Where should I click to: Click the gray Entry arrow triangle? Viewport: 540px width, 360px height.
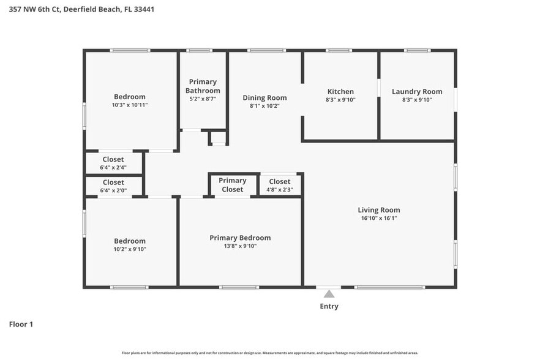(x=329, y=294)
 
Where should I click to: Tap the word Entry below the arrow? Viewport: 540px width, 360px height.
(x=329, y=306)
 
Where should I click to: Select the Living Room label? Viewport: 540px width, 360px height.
(x=379, y=210)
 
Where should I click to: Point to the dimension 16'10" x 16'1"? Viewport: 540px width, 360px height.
(x=379, y=218)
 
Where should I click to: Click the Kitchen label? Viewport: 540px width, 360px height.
(x=340, y=92)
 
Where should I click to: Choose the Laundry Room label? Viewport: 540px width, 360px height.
(x=417, y=92)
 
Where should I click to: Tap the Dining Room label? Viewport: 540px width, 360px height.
(x=264, y=98)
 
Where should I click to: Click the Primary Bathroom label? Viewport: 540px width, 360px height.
(x=203, y=86)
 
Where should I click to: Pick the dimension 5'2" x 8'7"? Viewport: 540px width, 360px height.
(x=203, y=99)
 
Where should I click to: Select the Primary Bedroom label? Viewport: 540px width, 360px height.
(x=240, y=238)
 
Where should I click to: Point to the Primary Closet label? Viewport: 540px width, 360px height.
(x=233, y=185)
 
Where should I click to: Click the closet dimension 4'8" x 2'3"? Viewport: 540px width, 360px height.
(x=280, y=189)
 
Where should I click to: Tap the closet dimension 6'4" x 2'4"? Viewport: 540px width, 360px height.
(x=113, y=167)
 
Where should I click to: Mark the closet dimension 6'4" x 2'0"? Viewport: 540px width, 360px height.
(x=113, y=190)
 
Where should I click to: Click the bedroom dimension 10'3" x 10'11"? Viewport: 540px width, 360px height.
(x=130, y=105)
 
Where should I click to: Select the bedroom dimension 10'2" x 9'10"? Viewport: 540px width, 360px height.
(x=130, y=249)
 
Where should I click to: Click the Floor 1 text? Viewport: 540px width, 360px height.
(x=21, y=324)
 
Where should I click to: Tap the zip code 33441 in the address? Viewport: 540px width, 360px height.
(x=144, y=9)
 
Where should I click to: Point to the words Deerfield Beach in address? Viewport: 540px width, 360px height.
(x=92, y=9)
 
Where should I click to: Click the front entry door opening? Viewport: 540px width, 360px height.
(x=329, y=287)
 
